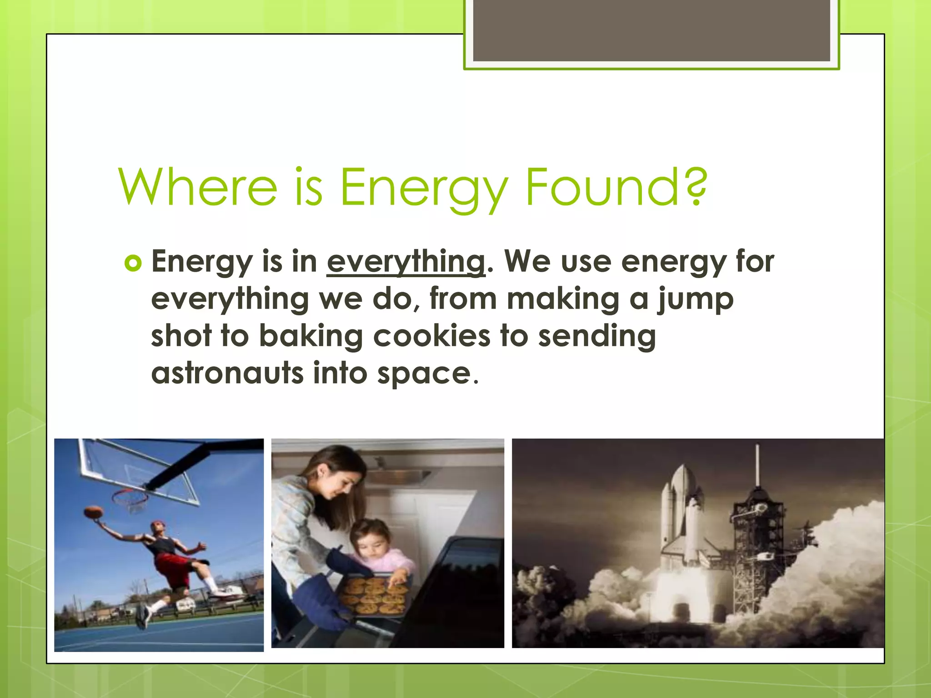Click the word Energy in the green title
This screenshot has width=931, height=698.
coord(424,187)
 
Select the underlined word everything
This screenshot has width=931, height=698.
coord(406,262)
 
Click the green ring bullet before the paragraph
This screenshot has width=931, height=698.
coord(133,263)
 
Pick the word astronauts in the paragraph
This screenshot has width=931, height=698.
coord(227,374)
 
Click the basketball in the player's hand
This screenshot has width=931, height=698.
coord(94,512)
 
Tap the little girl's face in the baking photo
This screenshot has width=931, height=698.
coord(368,543)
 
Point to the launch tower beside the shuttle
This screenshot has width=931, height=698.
coord(757,545)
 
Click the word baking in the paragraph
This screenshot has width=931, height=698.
coord(311,336)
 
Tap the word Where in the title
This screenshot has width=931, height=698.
coord(198,187)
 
